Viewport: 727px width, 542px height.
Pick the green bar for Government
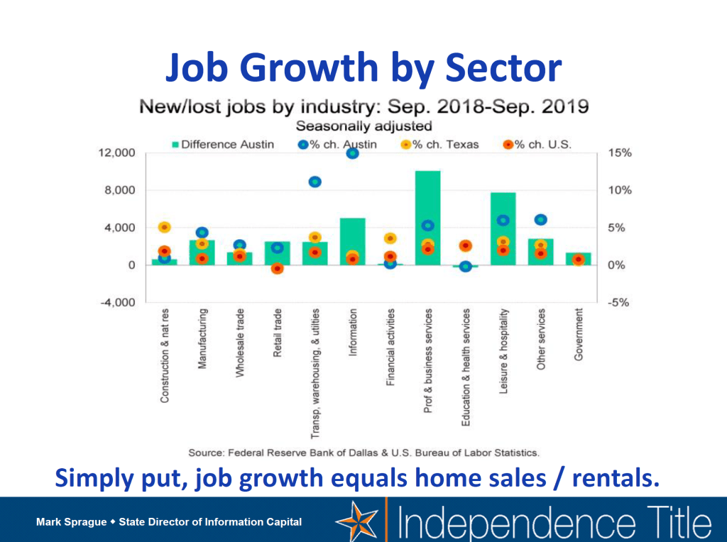579,259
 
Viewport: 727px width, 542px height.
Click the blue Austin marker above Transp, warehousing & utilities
315,182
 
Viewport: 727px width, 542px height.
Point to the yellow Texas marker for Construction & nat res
164,227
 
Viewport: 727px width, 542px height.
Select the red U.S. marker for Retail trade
277,268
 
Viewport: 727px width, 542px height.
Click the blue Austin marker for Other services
541,220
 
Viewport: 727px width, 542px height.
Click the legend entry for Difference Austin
221,144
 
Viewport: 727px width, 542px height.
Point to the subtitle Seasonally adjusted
363,126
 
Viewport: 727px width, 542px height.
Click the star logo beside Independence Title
359,521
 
